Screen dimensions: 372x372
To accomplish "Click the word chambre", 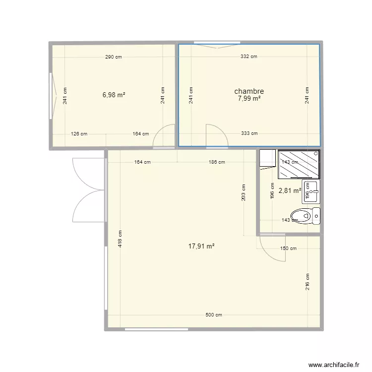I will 248,91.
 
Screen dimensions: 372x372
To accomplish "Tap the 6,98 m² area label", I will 114,95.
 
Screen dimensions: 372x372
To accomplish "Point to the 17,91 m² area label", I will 201,246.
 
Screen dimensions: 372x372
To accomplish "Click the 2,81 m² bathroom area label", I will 290,190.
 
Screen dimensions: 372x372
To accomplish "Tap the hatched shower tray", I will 299,164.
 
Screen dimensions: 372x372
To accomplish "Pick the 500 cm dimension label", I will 214,315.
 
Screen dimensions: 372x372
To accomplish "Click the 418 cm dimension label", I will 121,240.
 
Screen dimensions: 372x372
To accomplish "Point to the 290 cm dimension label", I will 113,57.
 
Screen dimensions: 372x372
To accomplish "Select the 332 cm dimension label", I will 248,57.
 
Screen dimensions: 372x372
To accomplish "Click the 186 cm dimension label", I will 217,162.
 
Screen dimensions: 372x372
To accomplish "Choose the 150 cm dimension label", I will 288,248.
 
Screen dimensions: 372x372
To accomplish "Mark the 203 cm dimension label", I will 244,193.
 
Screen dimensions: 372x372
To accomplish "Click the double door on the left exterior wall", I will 88,189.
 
